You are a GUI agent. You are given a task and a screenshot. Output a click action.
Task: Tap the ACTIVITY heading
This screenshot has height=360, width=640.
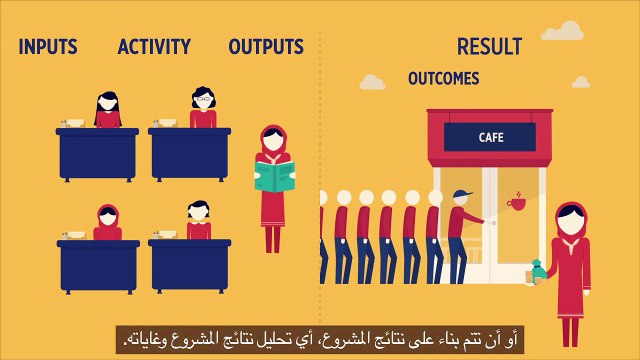tap(154, 46)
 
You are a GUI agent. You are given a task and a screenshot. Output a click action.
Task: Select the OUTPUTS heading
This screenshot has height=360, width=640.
tap(266, 46)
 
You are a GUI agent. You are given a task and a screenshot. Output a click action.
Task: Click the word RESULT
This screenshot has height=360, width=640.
tap(489, 46)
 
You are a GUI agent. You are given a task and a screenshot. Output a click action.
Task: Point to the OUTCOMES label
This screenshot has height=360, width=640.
tap(443, 78)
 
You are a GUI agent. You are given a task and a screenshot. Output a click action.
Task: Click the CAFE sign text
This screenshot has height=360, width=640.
tap(491, 137)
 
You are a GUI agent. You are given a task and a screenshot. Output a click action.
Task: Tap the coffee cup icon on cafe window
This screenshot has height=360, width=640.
tap(516, 203)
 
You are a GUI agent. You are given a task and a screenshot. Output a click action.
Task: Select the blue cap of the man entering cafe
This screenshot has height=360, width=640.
tap(460, 194)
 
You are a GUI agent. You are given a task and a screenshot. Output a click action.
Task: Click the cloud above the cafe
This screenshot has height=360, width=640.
tap(373, 81)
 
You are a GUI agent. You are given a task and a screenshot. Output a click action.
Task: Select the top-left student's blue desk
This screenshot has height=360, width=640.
tap(97, 151)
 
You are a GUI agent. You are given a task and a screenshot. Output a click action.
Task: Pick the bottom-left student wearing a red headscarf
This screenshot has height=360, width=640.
tap(107, 222)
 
